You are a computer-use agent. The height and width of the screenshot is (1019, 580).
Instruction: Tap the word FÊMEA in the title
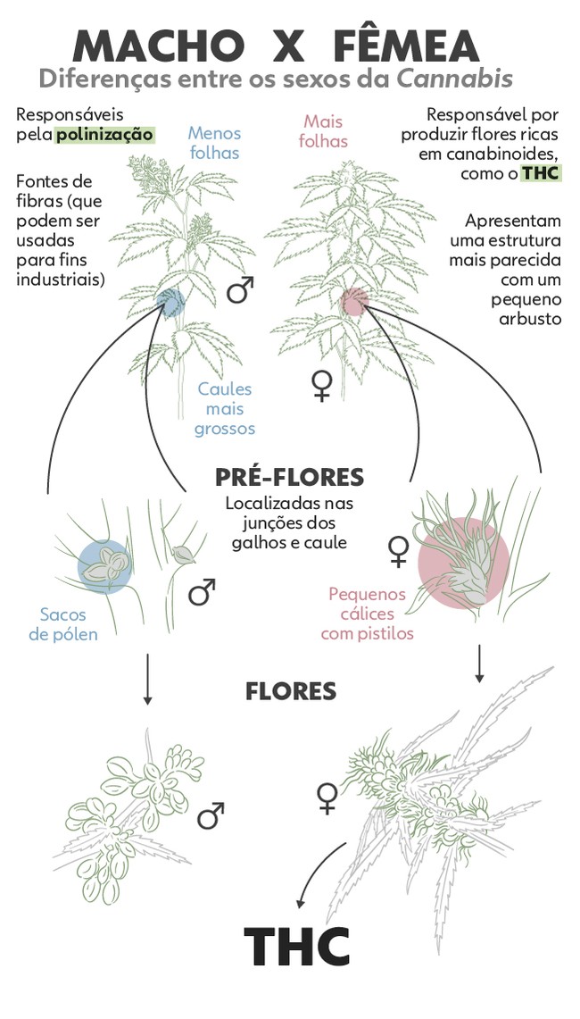(407, 46)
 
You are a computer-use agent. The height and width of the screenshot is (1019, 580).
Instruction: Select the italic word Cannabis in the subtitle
(455, 79)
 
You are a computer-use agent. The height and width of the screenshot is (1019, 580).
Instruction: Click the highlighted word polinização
(104, 135)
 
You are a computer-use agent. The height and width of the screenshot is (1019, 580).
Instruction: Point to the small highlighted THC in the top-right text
(542, 173)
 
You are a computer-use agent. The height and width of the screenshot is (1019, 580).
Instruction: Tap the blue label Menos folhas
(214, 143)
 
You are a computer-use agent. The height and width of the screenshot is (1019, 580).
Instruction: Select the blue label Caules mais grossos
(225, 409)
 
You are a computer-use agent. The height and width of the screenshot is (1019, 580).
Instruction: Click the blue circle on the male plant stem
(169, 303)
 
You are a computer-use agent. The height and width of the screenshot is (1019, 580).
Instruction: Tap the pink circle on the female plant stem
(354, 302)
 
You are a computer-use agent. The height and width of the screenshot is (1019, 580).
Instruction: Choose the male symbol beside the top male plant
(240, 289)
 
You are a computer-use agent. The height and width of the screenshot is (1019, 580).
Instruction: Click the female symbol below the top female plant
(321, 385)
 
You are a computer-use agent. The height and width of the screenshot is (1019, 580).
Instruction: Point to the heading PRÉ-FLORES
(289, 476)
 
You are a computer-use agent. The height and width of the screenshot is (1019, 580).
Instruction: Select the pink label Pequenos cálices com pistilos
(367, 614)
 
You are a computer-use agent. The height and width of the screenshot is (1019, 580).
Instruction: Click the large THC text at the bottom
(297, 948)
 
